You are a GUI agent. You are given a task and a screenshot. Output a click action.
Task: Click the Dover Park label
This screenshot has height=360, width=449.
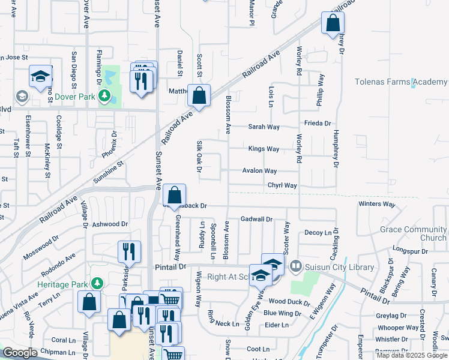coord(75,96)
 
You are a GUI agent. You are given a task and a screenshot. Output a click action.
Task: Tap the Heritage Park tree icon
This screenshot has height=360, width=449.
coord(95,283)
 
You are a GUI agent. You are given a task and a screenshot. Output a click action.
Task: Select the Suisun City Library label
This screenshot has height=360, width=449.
coord(340,267)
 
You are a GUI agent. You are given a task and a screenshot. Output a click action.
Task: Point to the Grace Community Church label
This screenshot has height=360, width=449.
coord(413,233)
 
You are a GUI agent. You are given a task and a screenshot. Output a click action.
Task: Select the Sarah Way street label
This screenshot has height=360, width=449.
coord(264,127)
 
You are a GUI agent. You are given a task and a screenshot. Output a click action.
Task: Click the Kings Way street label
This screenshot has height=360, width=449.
coord(264,149)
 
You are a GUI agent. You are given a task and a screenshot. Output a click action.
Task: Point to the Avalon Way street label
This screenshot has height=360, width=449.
coord(259,171)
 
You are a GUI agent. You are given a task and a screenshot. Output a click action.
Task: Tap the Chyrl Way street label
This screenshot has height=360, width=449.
coord(282,186)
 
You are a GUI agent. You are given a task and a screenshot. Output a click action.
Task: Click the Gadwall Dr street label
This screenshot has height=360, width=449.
coord(256,220)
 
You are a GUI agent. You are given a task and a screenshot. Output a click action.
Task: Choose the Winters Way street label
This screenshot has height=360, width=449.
coord(377,204)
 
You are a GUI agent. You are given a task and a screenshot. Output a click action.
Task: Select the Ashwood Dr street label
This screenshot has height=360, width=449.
coord(110,224)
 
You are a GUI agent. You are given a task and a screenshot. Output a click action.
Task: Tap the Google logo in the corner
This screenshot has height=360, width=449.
coord(19,353)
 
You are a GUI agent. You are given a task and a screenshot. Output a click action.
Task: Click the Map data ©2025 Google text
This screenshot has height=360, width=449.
coord(411,355)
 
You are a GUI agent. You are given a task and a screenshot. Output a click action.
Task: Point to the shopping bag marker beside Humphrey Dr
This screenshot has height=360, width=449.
coord(332,23)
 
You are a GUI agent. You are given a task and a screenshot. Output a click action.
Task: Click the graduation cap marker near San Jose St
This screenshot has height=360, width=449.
coord(40,76)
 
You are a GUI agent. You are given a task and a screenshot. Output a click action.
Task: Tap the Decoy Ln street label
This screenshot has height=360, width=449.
coord(318,232)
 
